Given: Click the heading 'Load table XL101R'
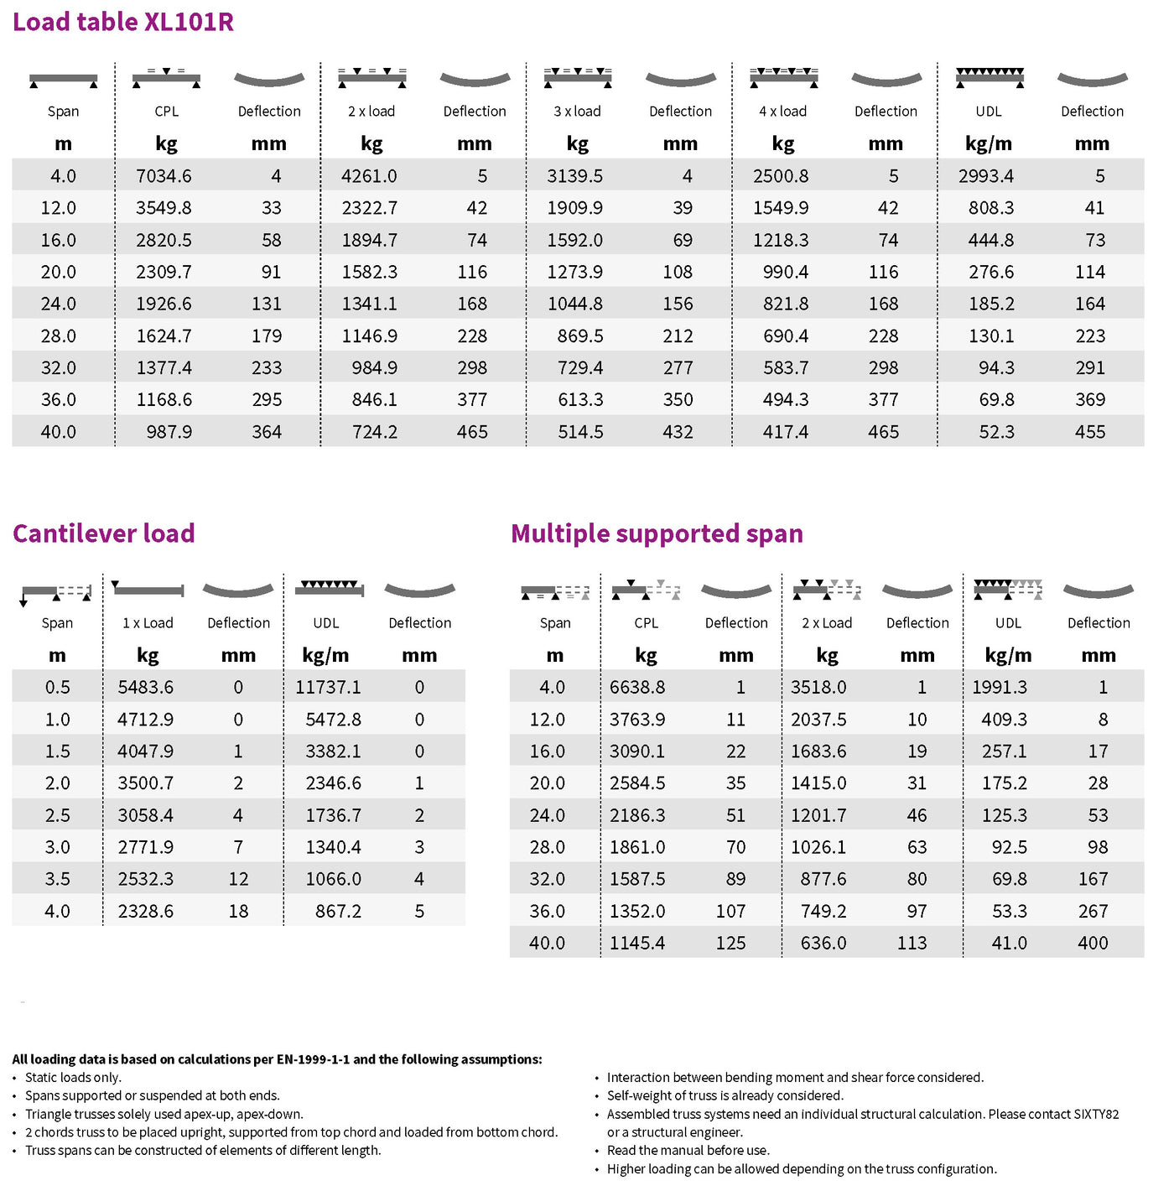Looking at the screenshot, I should [x=123, y=22].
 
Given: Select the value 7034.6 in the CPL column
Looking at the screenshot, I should [x=164, y=176].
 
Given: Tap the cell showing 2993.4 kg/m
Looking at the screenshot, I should [x=986, y=176].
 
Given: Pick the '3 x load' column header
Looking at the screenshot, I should [x=577, y=111].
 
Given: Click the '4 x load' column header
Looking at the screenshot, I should [x=782, y=111].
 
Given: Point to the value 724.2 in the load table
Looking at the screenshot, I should [x=375, y=432].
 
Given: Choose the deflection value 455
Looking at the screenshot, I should [x=1090, y=432].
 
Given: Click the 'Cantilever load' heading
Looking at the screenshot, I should [x=104, y=533].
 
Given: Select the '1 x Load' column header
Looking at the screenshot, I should [x=148, y=622].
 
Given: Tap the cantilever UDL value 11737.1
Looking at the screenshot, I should [x=328, y=687].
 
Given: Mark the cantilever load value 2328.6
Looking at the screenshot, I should [x=146, y=911].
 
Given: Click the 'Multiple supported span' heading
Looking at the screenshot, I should [x=657, y=533].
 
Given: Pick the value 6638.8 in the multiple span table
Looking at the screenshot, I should [x=637, y=687].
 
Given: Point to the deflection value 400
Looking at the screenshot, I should [x=1093, y=943].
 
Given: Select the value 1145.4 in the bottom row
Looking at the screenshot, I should [x=637, y=943].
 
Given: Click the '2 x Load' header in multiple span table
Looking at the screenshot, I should [x=827, y=622].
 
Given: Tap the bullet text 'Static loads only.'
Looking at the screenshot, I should [x=73, y=1078].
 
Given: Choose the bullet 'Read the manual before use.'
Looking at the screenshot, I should [x=688, y=1151].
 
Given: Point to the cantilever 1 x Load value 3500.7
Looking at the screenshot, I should [x=146, y=783].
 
